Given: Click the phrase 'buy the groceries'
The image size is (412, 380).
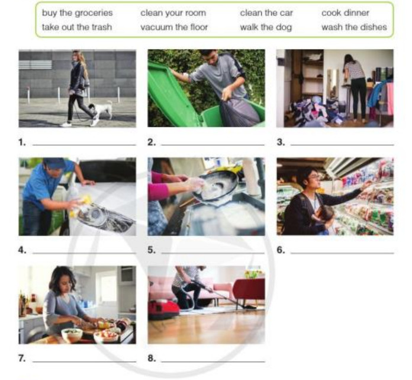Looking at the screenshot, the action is click(77, 13).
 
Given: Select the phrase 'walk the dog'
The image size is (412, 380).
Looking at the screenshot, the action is click(266, 27).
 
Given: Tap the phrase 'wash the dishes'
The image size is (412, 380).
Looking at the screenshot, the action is click(354, 27).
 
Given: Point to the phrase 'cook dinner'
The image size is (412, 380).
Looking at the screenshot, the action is click(345, 13).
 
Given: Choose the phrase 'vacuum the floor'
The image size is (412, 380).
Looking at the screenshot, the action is click(174, 27).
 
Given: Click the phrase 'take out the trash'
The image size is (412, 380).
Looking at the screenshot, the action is click(77, 27).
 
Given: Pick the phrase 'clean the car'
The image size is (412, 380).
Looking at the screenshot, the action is click(266, 13).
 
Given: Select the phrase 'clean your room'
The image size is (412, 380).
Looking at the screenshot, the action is click(173, 13).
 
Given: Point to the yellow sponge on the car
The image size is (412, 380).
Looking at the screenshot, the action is click(84, 200).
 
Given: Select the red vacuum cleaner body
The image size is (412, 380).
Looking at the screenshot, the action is click(164, 309).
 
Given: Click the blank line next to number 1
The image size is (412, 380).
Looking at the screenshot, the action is click(84, 145).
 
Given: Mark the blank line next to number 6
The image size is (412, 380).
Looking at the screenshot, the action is click(342, 253).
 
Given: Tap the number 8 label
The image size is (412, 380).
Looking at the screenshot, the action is click(152, 358).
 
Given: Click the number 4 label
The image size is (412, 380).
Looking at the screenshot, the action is click(22, 250).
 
